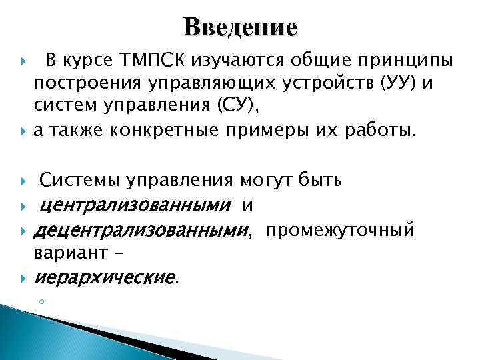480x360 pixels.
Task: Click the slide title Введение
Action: click(x=240, y=27)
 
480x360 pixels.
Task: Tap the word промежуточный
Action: click(x=341, y=231)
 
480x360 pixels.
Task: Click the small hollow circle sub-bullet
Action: click(x=41, y=301)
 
